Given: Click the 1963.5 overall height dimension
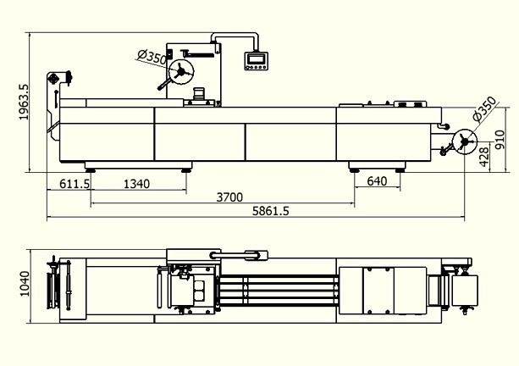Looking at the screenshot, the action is click(25, 102).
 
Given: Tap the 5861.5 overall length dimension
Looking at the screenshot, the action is click(270, 211).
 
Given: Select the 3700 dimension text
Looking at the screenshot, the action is click(229, 197).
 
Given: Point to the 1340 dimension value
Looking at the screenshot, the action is click(136, 184).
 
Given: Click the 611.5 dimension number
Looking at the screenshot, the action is click(75, 184).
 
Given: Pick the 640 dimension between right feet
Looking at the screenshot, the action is click(377, 180).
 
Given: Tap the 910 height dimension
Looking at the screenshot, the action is click(500, 140).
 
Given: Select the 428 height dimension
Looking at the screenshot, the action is click(484, 157).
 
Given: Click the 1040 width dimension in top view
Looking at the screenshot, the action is click(25, 284).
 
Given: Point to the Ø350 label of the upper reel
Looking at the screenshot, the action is click(152, 57).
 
